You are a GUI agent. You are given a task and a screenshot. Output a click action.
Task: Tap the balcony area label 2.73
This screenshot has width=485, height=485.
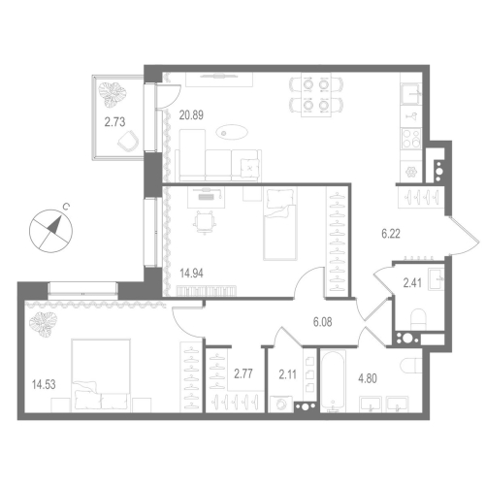pos(115,122)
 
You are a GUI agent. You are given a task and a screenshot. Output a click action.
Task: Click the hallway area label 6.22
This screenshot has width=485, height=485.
pos(391,234)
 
